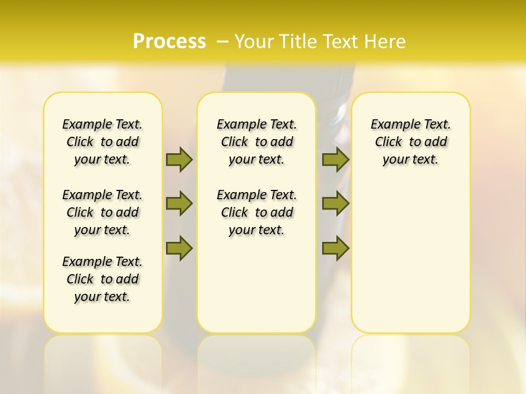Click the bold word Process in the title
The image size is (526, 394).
point(169,42)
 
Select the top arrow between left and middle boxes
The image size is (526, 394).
point(179,159)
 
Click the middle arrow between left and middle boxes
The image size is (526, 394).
point(179,204)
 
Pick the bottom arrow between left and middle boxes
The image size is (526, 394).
point(179,248)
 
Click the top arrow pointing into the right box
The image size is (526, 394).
point(335,159)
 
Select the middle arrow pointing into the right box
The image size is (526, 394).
point(335,204)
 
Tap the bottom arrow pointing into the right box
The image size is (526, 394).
point(335,248)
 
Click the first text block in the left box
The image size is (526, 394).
point(102,142)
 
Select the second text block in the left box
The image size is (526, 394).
point(102,212)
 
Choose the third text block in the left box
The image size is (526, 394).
point(102,279)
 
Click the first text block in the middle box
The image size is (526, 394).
point(256,142)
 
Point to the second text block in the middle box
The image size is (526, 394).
point(256,212)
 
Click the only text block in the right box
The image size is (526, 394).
point(410,142)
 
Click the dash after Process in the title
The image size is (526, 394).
point(222,42)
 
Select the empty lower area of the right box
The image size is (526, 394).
point(410,257)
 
